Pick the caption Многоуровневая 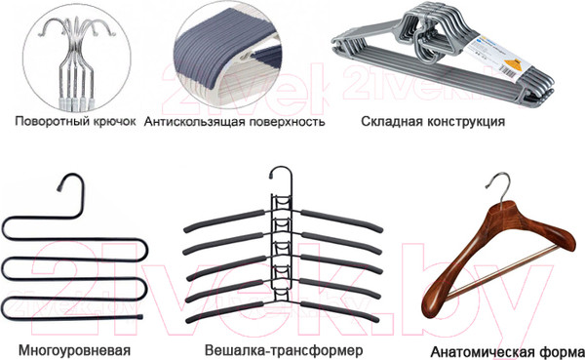click(x=74, y=348)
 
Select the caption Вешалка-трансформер click(x=270, y=348)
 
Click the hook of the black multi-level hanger click(x=64, y=184)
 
